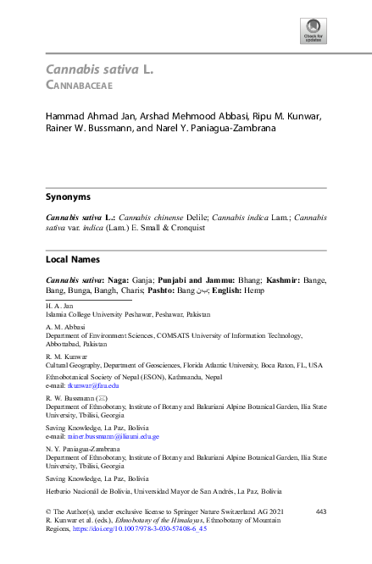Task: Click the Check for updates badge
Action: coord(313,31)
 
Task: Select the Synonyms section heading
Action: coord(68,196)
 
